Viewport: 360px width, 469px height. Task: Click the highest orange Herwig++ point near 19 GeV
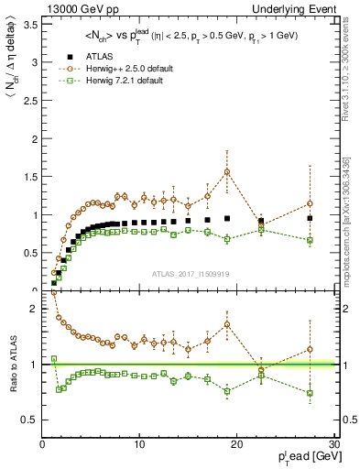[x=227, y=171]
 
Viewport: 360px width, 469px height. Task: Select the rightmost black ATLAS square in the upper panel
[x=310, y=218]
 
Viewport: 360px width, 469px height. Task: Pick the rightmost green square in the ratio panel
[x=310, y=393]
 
